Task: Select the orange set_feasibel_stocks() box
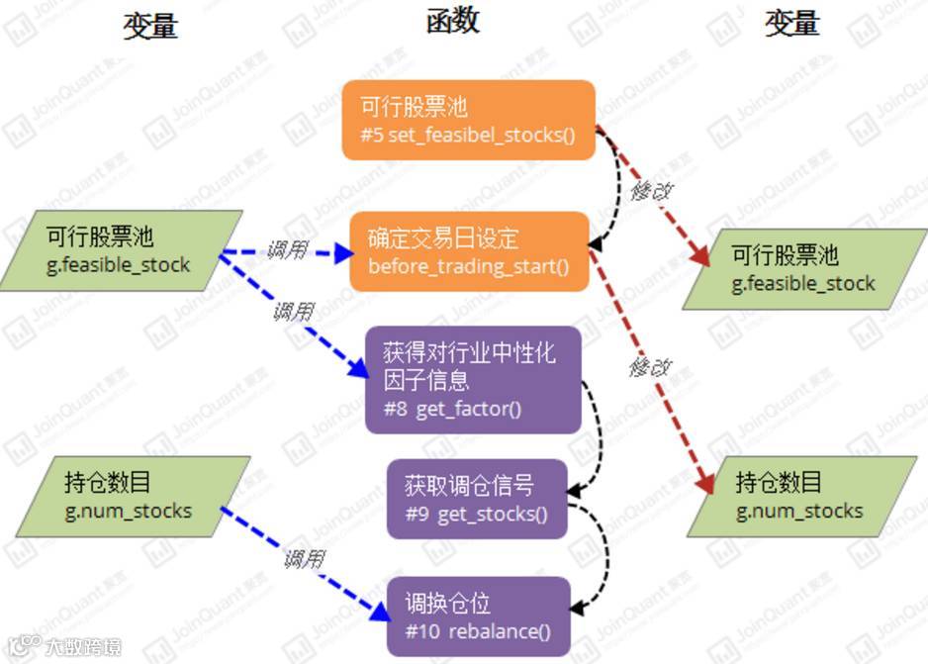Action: point(468,120)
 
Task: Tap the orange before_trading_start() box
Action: point(469,251)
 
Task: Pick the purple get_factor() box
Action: point(471,379)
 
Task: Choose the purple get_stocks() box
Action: point(477,499)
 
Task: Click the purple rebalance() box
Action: point(479,617)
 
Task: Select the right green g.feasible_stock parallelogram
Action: point(803,269)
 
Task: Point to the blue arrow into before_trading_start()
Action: point(287,252)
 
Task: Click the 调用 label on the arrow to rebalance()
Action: point(304,559)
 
